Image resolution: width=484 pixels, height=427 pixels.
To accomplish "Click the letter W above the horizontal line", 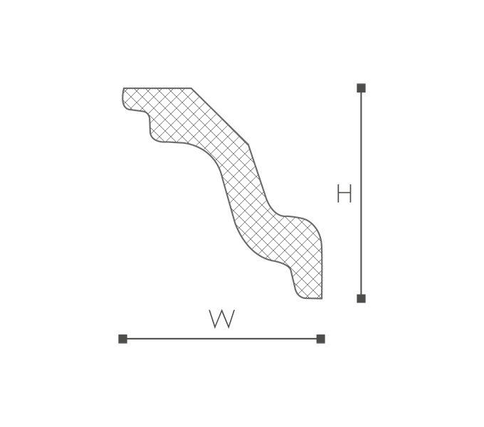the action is click(x=221, y=319).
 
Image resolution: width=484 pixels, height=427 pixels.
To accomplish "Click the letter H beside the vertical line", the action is click(x=344, y=194).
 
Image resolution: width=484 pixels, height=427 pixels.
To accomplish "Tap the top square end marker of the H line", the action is click(x=361, y=88).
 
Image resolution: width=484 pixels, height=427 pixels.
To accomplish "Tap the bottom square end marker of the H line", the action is click(x=361, y=299).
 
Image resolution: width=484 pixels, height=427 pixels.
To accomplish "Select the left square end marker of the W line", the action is click(x=123, y=339).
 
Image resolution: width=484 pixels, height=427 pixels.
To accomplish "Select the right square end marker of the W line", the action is click(x=321, y=339).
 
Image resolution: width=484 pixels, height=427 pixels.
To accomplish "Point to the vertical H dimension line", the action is click(x=361, y=194).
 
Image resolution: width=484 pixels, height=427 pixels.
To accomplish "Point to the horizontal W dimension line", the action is click(x=221, y=339).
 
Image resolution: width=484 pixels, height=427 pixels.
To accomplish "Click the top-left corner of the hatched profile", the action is click(x=123, y=88).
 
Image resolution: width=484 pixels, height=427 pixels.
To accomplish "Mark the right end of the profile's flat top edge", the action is click(x=191, y=88).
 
